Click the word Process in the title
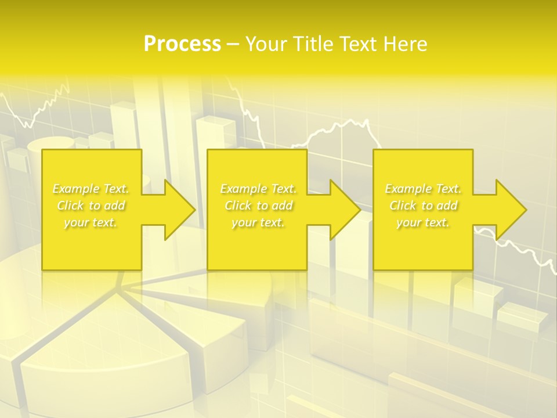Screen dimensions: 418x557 (182, 44)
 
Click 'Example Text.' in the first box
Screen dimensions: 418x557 (91, 189)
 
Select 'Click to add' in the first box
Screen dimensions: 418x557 (91, 206)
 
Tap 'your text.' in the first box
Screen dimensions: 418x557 (91, 222)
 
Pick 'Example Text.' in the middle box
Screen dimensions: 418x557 (258, 189)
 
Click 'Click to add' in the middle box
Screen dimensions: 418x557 (258, 206)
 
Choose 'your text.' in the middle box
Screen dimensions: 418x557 (258, 222)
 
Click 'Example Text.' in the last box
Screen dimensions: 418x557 (423, 189)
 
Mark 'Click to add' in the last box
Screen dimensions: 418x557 (423, 206)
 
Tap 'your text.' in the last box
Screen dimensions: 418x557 (423, 222)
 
